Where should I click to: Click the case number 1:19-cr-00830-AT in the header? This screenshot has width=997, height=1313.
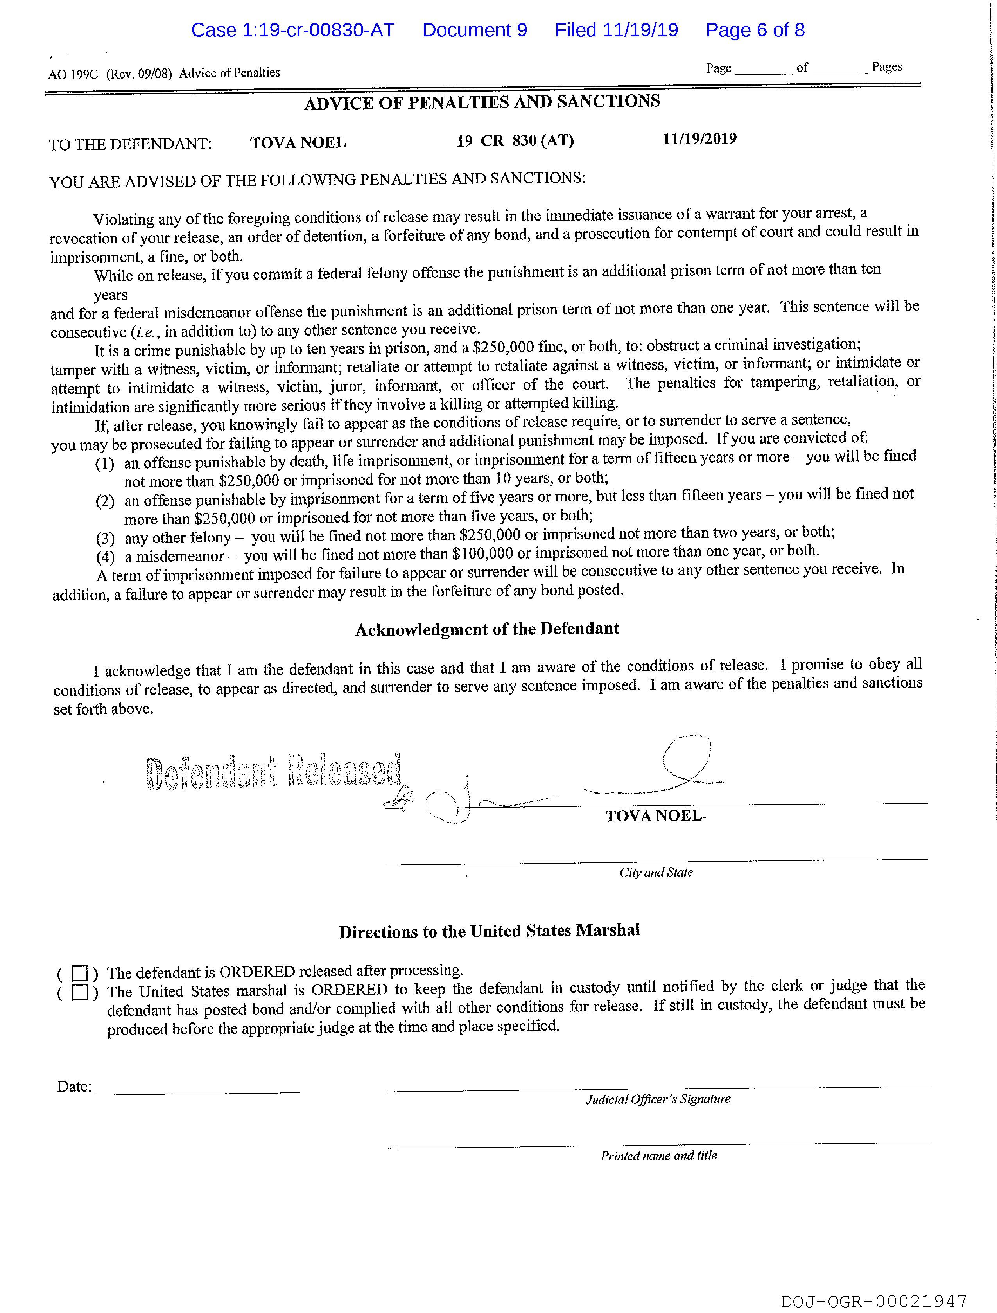(x=292, y=30)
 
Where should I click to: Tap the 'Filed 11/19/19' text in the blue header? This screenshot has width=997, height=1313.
(x=616, y=30)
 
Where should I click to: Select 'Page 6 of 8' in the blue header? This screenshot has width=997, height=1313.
(x=755, y=30)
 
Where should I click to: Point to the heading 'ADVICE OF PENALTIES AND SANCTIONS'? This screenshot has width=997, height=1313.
(x=482, y=102)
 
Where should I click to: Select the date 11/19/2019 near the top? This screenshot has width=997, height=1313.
(x=700, y=139)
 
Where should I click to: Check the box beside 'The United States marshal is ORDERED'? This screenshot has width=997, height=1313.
(x=79, y=992)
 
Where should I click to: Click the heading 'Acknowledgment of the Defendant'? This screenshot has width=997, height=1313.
(x=487, y=629)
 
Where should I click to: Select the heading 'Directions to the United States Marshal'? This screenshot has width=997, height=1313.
(x=490, y=931)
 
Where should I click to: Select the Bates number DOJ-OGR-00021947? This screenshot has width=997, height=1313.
(x=873, y=1302)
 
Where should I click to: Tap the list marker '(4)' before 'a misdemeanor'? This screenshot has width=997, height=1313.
(x=105, y=557)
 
